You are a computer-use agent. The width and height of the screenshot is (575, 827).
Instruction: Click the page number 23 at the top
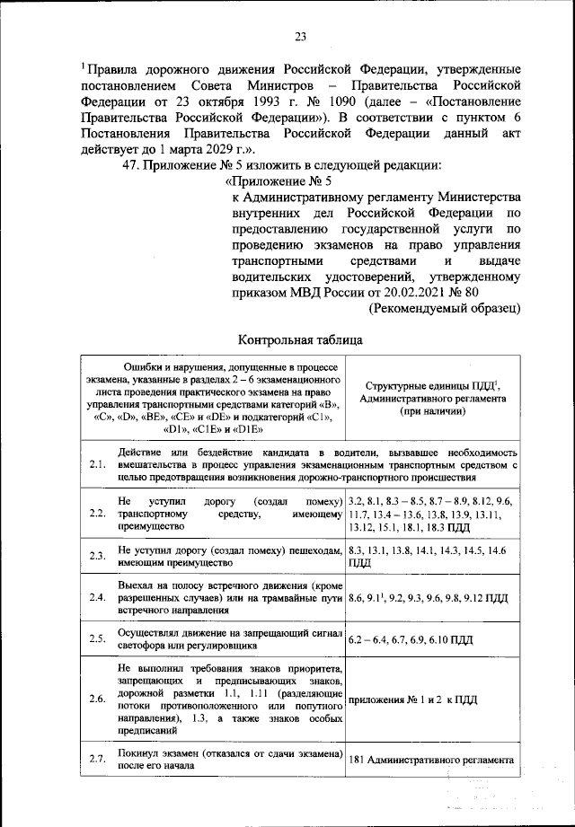click(300, 36)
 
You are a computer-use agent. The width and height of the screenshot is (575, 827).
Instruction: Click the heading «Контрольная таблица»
click(300, 340)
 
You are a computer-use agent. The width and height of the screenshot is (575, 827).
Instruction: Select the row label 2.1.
click(98, 464)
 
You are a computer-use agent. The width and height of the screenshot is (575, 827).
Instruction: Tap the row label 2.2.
click(98, 514)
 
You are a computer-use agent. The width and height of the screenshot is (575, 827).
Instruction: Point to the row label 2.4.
click(98, 597)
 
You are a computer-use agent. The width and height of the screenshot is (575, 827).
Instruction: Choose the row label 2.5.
click(98, 639)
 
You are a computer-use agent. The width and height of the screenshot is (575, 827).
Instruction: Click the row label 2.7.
click(98, 760)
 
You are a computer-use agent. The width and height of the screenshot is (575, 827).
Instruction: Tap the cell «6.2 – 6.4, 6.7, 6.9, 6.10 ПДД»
click(410, 639)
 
